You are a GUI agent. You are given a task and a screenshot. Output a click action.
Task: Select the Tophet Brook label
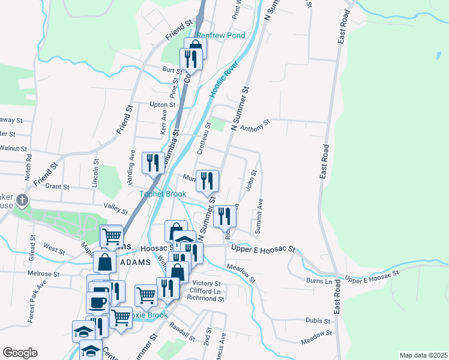(163, 194)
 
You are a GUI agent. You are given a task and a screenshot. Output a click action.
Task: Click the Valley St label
(116, 208)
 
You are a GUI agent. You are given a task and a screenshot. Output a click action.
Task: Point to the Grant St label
(58, 187)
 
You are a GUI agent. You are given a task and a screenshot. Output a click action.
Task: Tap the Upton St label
(158, 104)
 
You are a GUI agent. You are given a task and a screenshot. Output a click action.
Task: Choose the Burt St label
(172, 70)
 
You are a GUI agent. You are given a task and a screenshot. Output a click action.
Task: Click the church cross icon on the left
(22, 200)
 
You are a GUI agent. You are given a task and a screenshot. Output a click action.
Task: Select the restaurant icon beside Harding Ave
(152, 161)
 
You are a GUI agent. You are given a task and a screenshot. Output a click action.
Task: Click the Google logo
(20, 353)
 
